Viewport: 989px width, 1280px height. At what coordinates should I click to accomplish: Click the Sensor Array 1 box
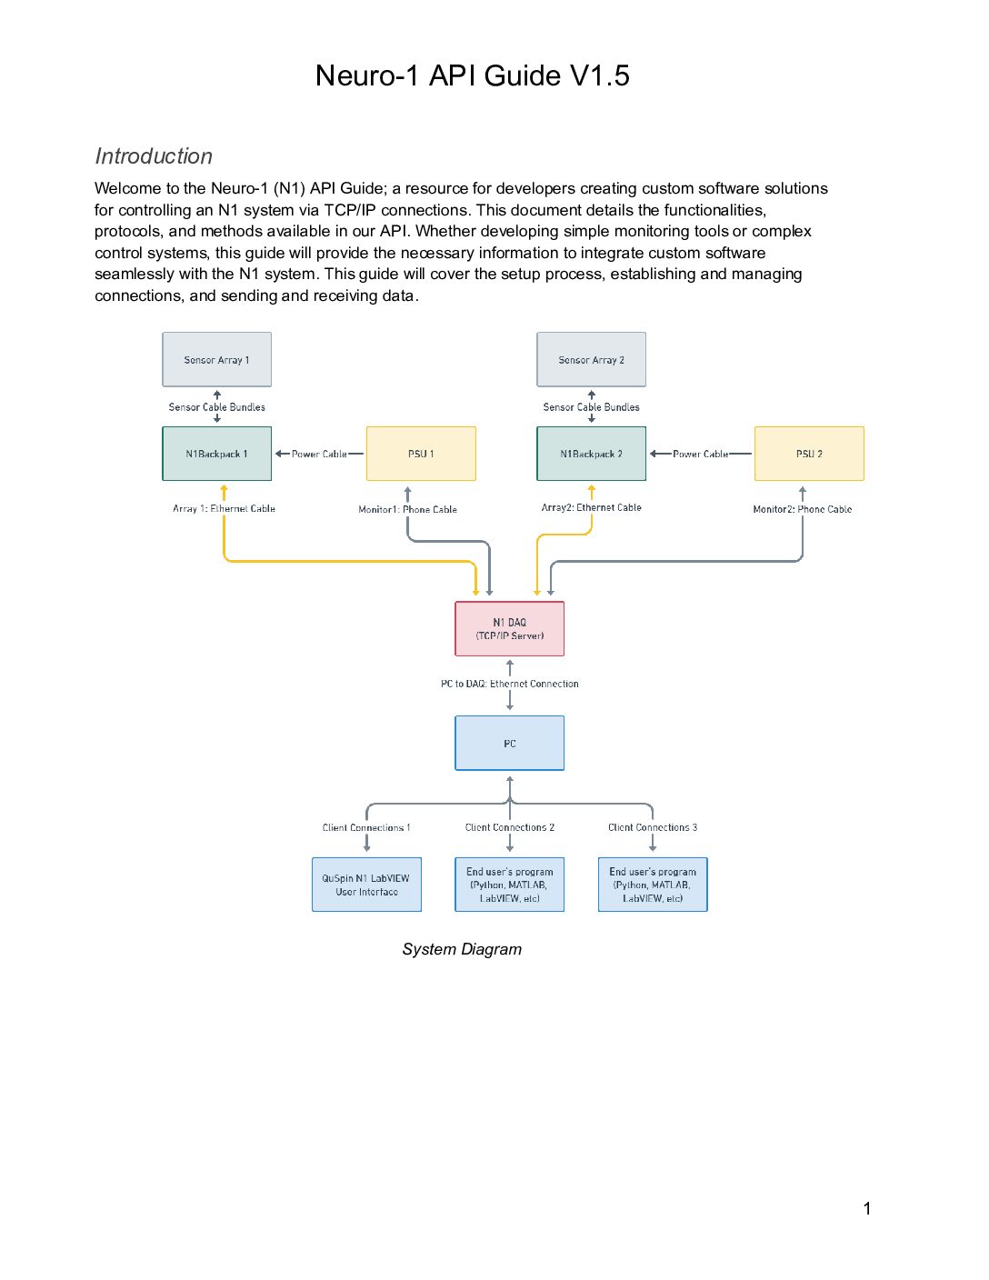(216, 359)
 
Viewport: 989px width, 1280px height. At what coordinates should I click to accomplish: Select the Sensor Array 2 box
(591, 359)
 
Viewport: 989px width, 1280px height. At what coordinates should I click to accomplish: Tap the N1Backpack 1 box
(216, 454)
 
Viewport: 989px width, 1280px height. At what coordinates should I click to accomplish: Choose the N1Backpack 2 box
(591, 454)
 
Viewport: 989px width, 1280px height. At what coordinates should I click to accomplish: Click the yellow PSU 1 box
(421, 454)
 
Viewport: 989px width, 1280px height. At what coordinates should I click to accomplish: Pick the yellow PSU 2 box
(809, 454)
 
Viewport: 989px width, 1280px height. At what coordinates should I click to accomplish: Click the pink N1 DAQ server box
(510, 628)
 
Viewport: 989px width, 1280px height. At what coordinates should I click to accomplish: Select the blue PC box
(510, 743)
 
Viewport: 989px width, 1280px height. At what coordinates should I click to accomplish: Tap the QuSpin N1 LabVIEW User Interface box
(366, 885)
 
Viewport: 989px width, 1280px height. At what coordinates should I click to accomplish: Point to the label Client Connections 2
(510, 827)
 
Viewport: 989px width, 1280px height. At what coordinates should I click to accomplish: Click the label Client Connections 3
(653, 827)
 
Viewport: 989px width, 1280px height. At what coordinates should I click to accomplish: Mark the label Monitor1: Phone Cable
(407, 509)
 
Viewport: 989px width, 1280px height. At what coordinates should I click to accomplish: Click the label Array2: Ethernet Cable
(592, 508)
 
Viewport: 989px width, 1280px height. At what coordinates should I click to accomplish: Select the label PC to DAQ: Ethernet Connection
(510, 684)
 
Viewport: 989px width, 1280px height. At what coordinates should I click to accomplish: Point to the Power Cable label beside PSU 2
(700, 455)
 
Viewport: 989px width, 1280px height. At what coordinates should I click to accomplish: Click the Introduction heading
(154, 156)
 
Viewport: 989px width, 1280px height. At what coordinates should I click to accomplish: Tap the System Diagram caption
(462, 949)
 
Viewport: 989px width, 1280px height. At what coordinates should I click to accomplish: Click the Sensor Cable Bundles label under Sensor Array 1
(216, 407)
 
